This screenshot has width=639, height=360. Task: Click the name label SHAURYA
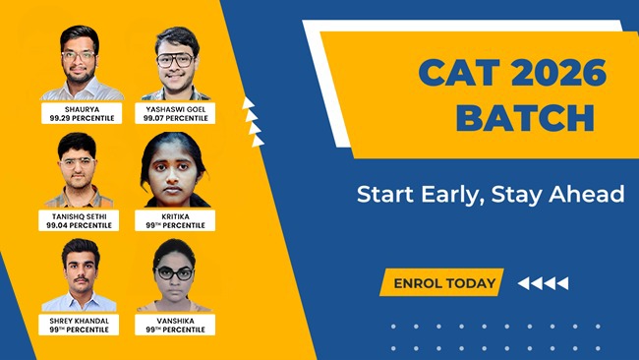point(82,108)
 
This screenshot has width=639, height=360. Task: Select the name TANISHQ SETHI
point(82,214)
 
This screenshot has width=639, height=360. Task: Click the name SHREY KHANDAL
point(82,320)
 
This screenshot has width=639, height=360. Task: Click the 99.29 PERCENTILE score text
point(82,118)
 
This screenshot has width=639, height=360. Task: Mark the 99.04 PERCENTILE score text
point(82,224)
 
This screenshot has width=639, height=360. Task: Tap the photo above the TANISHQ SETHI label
point(82,169)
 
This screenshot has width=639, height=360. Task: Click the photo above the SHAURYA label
point(82,61)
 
